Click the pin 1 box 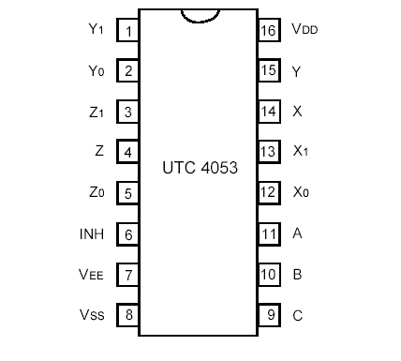click(127, 30)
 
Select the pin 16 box click(269, 30)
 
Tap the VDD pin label click(304, 30)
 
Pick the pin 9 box click(269, 315)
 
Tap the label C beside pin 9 click(298, 316)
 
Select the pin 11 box click(269, 233)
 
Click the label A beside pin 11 click(298, 233)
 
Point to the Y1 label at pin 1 click(97, 30)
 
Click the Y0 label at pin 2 click(97, 70)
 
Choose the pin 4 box click(127, 152)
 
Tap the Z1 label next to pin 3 click(97, 112)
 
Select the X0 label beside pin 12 click(300, 193)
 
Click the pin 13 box click(269, 152)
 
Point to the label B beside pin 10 click(298, 275)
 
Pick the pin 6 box click(127, 233)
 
